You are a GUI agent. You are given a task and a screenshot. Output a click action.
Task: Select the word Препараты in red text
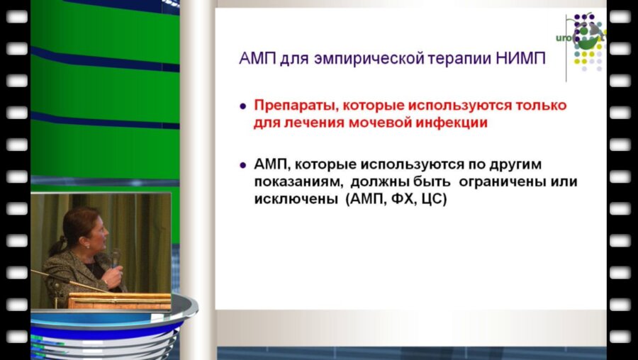(x=291, y=106)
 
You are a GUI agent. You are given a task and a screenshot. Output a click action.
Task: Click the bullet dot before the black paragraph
(x=243, y=165)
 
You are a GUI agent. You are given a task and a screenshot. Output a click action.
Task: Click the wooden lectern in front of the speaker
(x=119, y=300)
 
